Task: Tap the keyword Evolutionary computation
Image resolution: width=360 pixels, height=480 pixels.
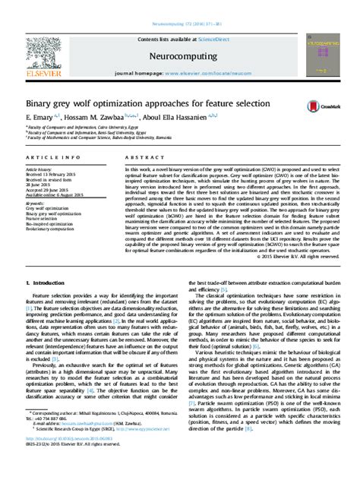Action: coord(55,230)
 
